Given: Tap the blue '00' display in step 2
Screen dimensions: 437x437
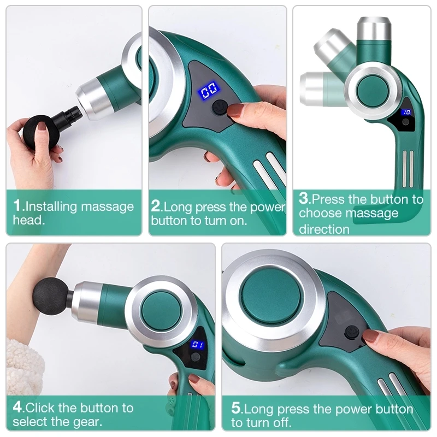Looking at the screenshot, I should click(209, 90).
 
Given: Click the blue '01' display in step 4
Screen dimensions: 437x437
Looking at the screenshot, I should click(197, 345).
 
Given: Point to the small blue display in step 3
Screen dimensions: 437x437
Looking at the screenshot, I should click(406, 112).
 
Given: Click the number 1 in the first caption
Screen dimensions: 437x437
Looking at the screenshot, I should click(17, 206).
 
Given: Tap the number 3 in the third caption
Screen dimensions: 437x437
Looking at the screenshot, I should click(304, 198).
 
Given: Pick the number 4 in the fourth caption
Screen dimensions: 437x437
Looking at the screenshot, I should click(17, 408).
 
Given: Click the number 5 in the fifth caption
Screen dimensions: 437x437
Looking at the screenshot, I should click(236, 409).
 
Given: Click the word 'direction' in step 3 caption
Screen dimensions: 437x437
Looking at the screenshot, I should click(324, 229).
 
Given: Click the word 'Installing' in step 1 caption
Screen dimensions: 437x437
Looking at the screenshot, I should click(52, 206).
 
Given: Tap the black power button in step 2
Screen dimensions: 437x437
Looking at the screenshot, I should click(220, 108).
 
